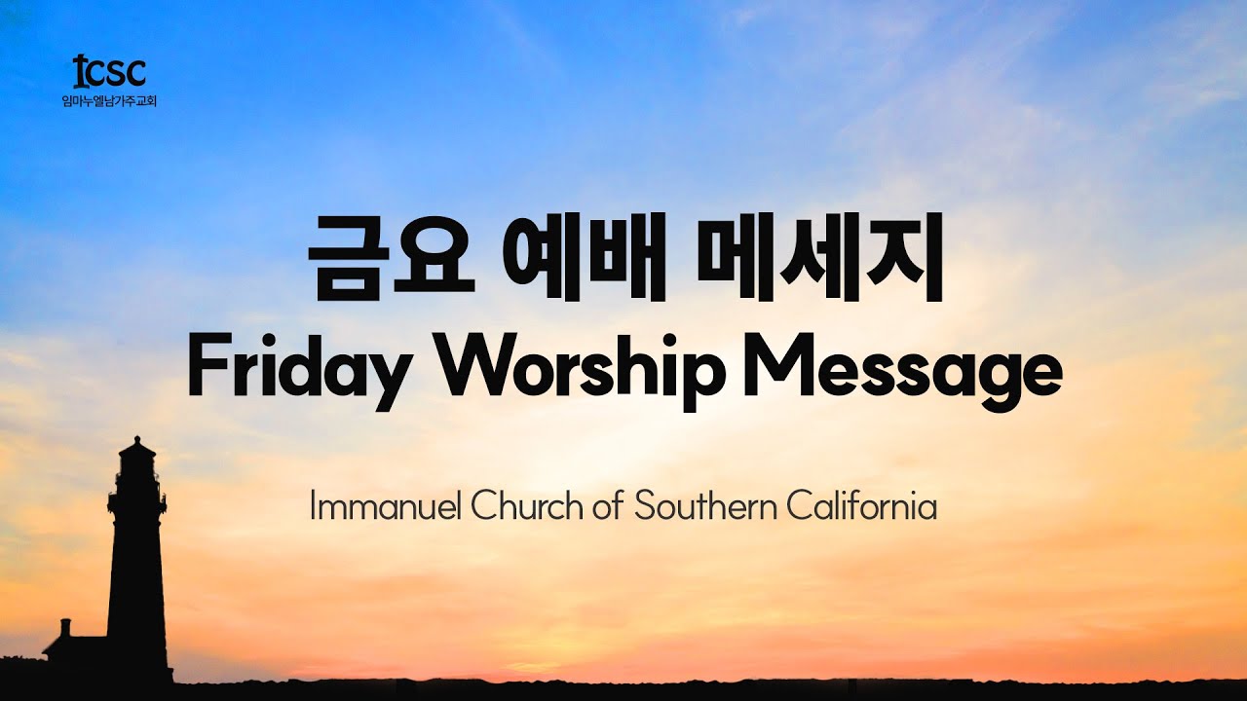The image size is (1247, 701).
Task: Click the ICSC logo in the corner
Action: tap(109, 71)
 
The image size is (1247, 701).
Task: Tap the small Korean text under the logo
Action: tap(109, 99)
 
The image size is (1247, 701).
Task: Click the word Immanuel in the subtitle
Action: tap(386, 507)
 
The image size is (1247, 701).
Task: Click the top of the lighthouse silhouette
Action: tap(137, 443)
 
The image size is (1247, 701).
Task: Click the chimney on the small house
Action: tap(65, 625)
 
